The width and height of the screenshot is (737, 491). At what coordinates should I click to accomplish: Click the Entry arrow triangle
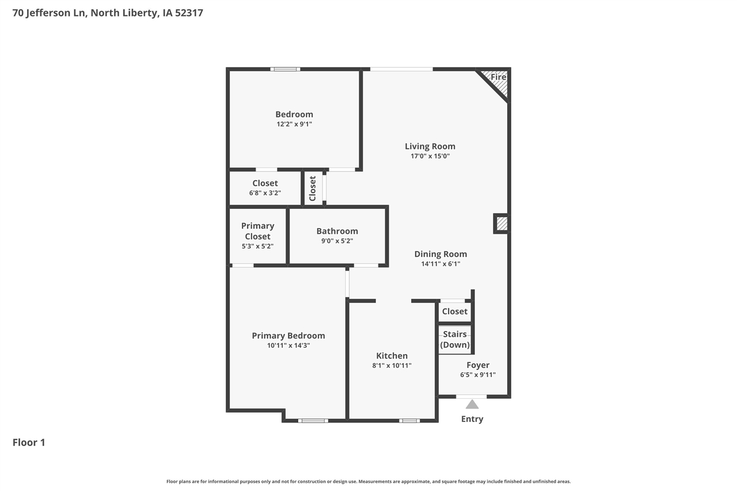tap(472, 405)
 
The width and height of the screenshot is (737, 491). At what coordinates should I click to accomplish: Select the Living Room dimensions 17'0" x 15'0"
tap(430, 156)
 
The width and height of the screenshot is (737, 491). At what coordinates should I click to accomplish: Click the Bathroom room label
tap(337, 231)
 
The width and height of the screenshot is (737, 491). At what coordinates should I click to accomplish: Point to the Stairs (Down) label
tap(455, 340)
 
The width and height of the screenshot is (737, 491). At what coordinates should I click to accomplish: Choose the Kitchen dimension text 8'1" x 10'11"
tap(392, 366)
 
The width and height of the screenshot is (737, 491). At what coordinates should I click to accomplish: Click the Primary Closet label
tap(257, 231)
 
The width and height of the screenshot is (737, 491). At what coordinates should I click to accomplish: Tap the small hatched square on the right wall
tap(502, 223)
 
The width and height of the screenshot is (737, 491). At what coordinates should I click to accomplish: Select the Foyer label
tap(478, 365)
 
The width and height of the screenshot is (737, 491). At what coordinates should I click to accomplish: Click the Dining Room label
tap(440, 254)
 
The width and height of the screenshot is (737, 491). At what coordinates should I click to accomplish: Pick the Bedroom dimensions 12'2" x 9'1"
tap(294, 124)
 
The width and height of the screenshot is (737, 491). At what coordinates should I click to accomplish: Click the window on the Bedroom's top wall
tap(285, 69)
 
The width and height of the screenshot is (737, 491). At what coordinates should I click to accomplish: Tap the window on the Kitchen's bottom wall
tap(409, 421)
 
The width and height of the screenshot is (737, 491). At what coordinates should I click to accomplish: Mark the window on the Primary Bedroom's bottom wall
tap(313, 421)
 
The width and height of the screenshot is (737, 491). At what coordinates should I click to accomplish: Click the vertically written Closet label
tap(313, 188)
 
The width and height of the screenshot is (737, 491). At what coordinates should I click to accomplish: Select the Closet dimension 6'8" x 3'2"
tap(265, 193)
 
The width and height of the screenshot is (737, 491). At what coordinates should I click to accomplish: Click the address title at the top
tap(108, 12)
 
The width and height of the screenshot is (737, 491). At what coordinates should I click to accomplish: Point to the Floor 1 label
tap(29, 442)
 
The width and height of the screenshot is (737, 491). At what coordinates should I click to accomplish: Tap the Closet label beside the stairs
tap(455, 311)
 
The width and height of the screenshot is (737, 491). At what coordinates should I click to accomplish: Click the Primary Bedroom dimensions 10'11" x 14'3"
tap(288, 345)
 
